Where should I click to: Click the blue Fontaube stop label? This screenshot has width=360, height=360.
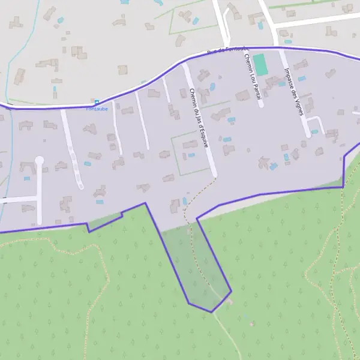pos(96,109)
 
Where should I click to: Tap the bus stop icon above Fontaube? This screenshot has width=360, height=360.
pos(97,103)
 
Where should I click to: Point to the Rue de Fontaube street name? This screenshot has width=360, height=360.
pos(227,51)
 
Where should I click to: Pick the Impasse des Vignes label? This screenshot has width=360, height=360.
pos(294,90)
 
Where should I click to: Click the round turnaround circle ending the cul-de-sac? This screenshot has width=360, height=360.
pos(40,160)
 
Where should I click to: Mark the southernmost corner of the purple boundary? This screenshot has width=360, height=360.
pos(211,312)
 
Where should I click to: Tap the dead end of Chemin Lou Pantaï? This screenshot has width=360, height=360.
pos(261,106)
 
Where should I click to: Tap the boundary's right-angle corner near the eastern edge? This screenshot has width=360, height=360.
pos(343,187)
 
